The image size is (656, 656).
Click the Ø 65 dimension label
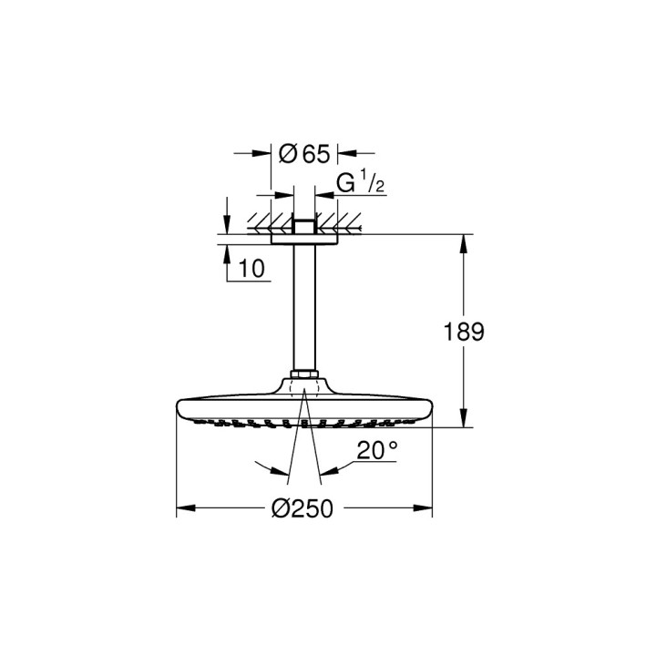303,155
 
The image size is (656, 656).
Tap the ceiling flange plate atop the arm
303,240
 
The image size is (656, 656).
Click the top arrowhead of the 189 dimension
465,242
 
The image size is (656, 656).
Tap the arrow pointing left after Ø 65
343,154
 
